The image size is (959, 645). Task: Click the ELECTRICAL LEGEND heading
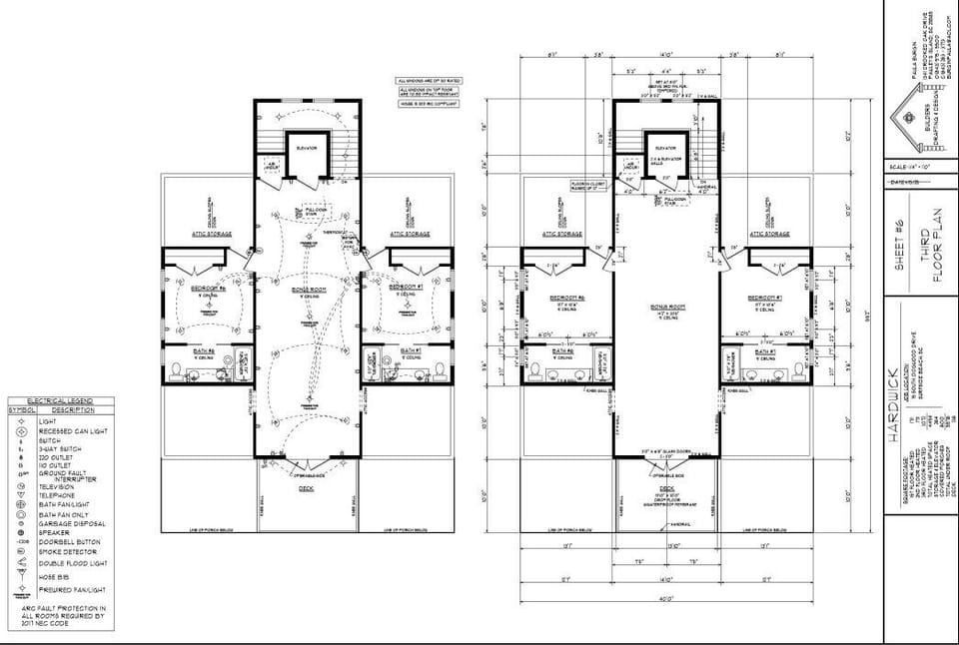click(60, 400)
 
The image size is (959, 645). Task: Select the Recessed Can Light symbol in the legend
click(20, 430)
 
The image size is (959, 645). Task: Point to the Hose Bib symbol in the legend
click(20, 576)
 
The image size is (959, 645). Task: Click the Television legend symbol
click(20, 486)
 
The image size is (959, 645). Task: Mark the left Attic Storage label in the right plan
click(562, 234)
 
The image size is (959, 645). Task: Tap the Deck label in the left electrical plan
click(307, 489)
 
